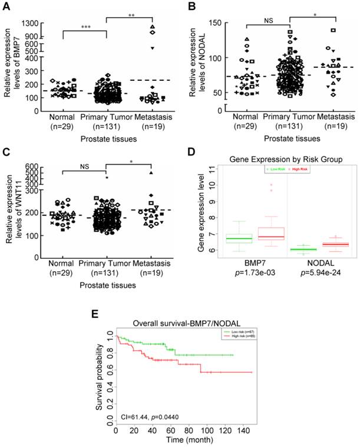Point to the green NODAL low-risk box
(319, 250)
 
